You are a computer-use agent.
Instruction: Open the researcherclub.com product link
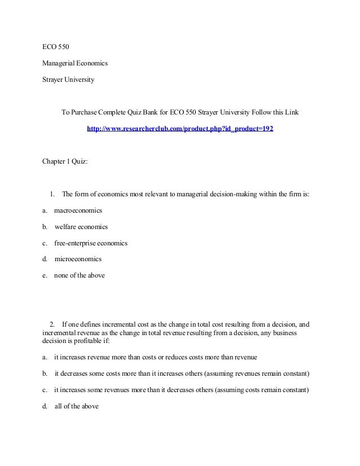180,129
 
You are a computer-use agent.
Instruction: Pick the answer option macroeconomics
78,210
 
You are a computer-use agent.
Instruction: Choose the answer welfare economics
81,227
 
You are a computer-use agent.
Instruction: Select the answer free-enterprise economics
91,243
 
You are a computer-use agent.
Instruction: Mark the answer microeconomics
78,260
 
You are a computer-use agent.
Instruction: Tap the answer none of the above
80,276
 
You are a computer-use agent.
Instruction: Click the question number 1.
52,195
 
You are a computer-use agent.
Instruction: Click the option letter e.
44,276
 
